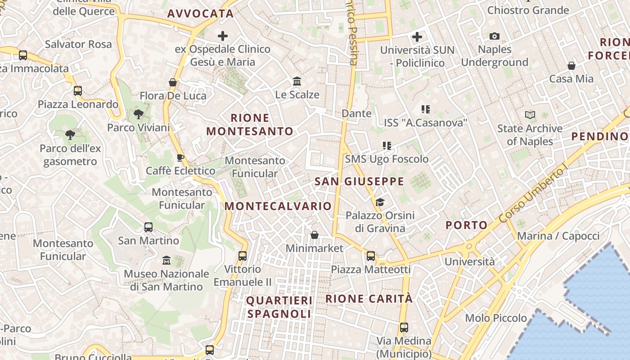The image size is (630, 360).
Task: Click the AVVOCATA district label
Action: [200, 13]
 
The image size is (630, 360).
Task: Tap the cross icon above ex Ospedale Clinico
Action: [223, 36]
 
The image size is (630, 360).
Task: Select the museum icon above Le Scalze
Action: [297, 81]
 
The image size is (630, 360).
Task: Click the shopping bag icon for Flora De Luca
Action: [172, 82]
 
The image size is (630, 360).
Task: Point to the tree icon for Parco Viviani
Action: [139, 114]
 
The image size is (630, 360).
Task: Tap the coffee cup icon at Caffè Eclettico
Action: [180, 157]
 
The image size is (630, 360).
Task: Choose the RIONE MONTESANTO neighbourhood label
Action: [250, 125]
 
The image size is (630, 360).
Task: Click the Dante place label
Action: [356, 113]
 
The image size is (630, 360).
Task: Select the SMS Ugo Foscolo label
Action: [387, 159]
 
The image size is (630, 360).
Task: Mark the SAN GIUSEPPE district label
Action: [359, 181]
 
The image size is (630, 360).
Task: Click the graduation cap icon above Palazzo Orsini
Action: [380, 202]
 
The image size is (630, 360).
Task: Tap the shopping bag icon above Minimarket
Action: [315, 235]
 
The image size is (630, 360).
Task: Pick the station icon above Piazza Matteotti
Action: [371, 256]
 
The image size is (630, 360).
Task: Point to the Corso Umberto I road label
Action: [534, 194]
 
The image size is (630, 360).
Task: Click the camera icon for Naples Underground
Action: [495, 36]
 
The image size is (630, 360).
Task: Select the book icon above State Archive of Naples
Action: [530, 115]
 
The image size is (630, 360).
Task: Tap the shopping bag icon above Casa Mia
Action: [571, 66]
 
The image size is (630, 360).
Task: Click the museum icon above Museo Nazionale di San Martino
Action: [166, 260]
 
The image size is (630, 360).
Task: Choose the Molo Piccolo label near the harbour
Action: [496, 318]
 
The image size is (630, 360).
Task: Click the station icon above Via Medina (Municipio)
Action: [404, 328]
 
